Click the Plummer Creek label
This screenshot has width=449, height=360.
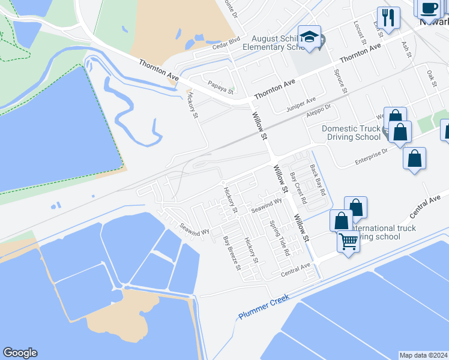(x=264, y=306)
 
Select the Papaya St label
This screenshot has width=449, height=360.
(x=219, y=88)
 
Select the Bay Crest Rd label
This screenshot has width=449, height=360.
(x=298, y=187)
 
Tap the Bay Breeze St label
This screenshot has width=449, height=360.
(x=231, y=253)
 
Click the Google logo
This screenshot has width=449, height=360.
(x=20, y=353)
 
